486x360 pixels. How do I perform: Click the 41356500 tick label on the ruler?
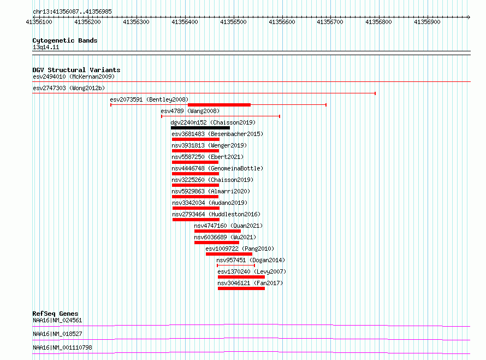point(233,22)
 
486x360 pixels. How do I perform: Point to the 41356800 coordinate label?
point(378,22)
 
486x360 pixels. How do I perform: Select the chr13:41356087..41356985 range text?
point(72,12)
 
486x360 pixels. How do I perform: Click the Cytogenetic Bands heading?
point(65,40)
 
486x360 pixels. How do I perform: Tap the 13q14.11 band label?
point(46,47)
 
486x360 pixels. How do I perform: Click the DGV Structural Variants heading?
point(76,70)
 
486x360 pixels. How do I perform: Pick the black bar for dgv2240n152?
point(200,128)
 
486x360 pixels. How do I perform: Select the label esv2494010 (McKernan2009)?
point(74,76)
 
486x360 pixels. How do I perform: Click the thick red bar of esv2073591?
point(219,105)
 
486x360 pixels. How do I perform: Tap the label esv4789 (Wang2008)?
point(190,111)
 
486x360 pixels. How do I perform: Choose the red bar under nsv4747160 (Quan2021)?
point(217,231)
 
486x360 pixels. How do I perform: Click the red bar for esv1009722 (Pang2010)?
point(229,254)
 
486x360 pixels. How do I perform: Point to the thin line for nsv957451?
point(236,265)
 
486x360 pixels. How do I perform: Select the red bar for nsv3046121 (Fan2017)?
point(241,288)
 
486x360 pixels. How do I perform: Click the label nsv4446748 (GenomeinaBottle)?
point(217,168)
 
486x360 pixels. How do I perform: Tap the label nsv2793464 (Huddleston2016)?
point(216,214)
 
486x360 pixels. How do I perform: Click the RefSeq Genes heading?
point(56,314)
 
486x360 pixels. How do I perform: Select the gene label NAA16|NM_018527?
point(58,334)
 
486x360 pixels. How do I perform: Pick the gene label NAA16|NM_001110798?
point(63,347)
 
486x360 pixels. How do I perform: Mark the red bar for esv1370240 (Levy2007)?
point(241,277)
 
